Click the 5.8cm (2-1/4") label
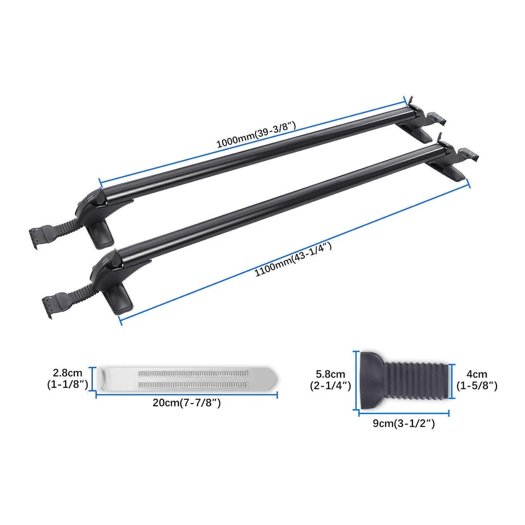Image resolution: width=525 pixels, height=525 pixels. coord(330,380)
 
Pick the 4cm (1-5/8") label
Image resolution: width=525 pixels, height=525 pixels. coord(476,380)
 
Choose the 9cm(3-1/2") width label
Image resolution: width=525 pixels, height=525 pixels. coord(404,423)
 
